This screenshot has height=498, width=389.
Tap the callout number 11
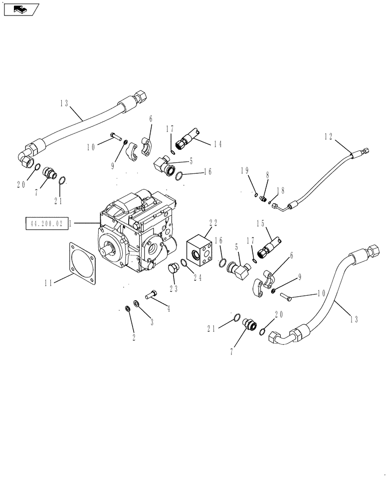pyautogui.click(x=48, y=283)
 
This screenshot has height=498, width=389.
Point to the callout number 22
pyautogui.click(x=213, y=223)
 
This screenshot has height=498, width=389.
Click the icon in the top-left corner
pyautogui.click(x=19, y=8)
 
